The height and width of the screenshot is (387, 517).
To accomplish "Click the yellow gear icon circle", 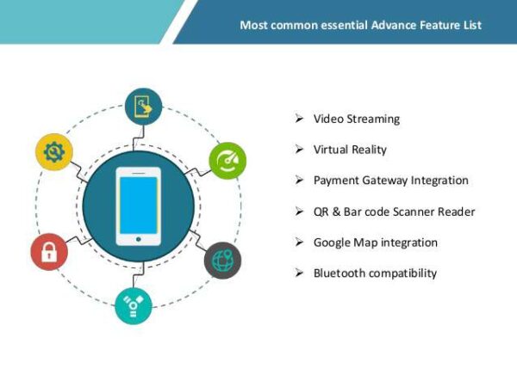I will (x=54, y=152).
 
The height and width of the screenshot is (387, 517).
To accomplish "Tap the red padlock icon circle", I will (x=49, y=251).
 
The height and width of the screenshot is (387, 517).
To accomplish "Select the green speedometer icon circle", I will (x=227, y=161).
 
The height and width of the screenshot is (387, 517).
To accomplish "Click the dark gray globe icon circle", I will (x=222, y=260).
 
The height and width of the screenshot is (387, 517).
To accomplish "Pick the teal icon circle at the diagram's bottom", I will (x=134, y=305).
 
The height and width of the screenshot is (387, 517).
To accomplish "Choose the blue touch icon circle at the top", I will (x=142, y=107).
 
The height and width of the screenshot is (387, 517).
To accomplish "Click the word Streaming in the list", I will (x=372, y=119).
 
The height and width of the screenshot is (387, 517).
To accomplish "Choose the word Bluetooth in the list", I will (x=339, y=273).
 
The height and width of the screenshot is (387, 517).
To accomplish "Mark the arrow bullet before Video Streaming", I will (x=298, y=119).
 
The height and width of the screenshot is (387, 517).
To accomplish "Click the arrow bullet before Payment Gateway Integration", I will (x=298, y=181).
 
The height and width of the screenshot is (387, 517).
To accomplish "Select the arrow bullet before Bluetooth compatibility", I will (x=298, y=273).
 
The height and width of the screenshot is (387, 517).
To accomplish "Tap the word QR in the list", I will (x=321, y=212).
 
